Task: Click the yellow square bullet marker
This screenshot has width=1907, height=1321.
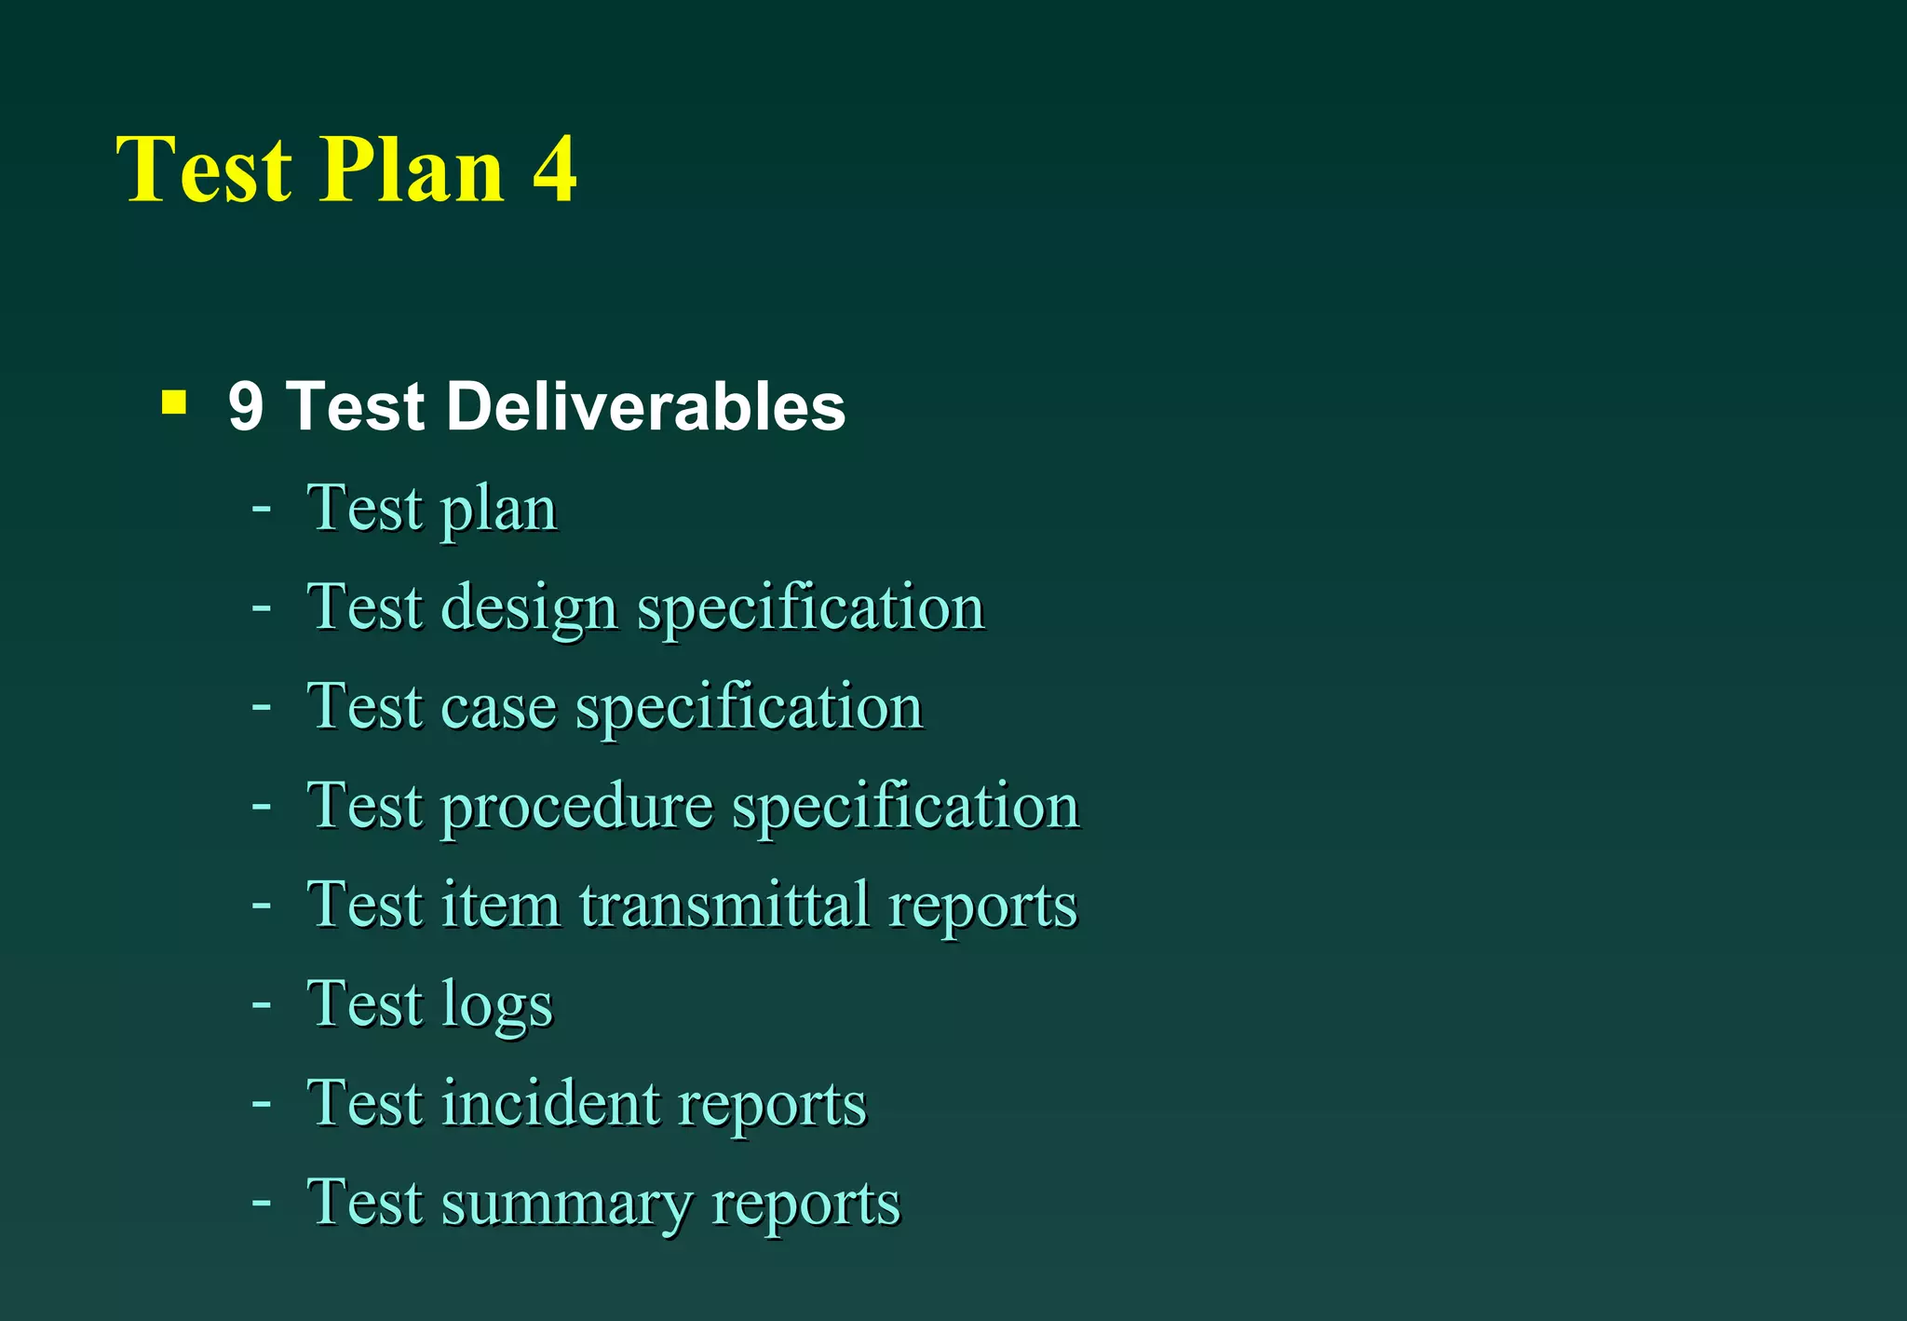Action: click(173, 402)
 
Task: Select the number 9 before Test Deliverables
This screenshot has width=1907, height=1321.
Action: click(246, 407)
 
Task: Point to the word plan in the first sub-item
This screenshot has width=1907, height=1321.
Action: click(498, 511)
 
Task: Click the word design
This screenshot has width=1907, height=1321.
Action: click(529, 609)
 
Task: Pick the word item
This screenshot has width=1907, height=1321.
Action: click(500, 905)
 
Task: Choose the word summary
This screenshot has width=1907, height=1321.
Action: click(566, 1203)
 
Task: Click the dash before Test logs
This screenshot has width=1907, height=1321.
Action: click(262, 1004)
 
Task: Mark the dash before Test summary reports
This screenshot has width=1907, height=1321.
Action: click(262, 1203)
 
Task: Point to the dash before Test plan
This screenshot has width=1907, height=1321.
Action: click(262, 509)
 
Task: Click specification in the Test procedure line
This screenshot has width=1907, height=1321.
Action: click(905, 807)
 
